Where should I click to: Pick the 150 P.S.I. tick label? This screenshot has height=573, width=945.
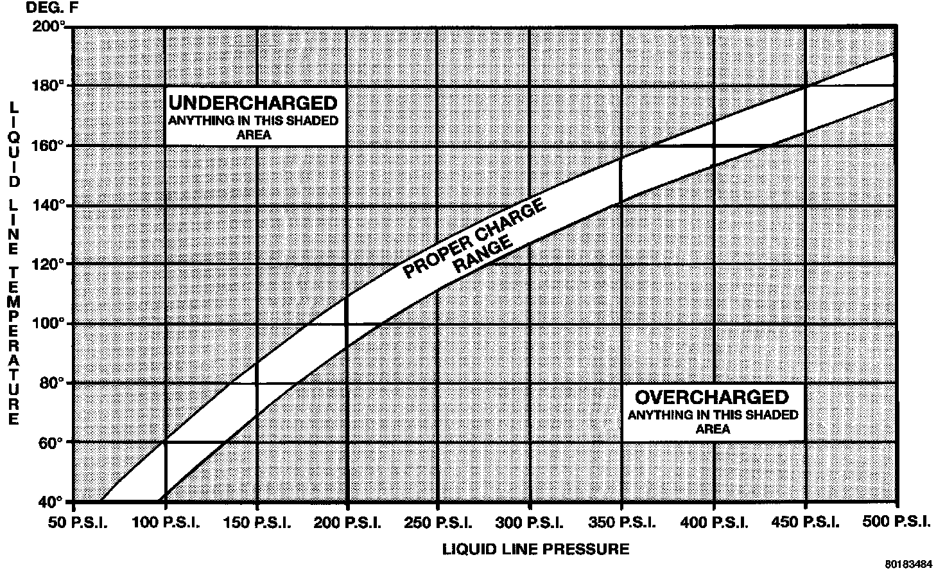257,522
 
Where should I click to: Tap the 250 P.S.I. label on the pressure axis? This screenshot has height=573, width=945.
438,522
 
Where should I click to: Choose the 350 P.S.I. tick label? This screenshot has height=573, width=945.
621,522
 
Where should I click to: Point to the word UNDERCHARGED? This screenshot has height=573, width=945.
252,103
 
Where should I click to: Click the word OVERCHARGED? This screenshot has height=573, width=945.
713,396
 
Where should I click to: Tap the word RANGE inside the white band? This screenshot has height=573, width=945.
483,255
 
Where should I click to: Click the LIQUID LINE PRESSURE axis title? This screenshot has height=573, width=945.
535,549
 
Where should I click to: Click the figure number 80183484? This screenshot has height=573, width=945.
908,565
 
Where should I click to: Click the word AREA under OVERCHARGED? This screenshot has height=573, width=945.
713,428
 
